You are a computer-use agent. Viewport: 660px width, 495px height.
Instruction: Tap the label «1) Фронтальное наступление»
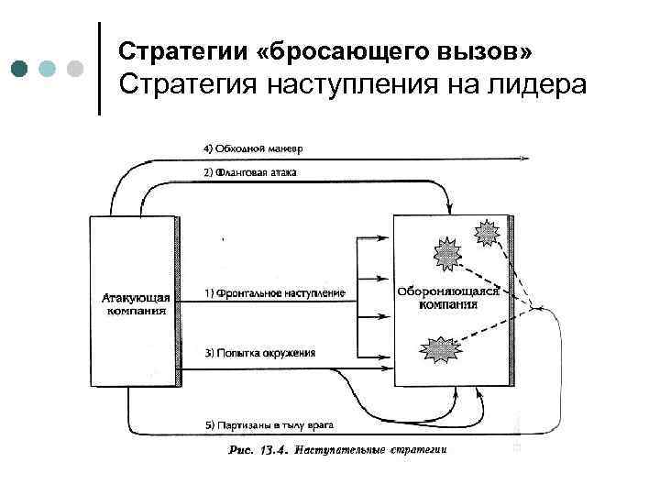[x=275, y=293]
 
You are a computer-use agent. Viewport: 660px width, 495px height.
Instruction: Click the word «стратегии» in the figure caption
[x=417, y=450]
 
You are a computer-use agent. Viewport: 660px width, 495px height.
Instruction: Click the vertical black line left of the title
[x=98, y=68]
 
